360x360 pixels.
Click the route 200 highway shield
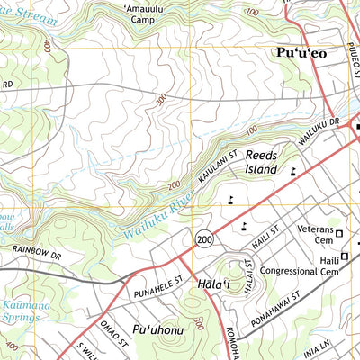click(x=205, y=238)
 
